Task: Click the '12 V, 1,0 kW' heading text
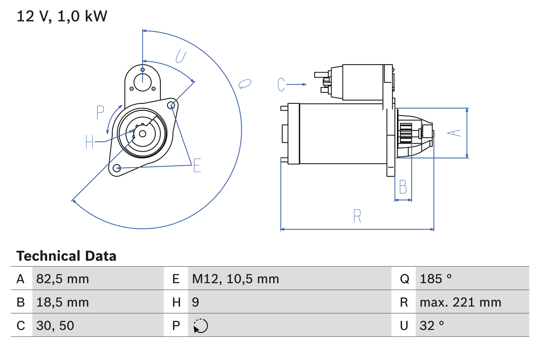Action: point(62,16)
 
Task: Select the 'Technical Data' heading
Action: point(66,256)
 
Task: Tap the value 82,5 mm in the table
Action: point(62,279)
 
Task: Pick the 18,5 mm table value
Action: point(62,302)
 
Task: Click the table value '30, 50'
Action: point(55,325)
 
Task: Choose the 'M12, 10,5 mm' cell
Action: point(235,279)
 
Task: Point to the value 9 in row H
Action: point(196,302)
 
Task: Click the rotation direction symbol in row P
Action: point(200,326)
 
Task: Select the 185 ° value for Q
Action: point(436,279)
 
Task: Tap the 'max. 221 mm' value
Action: point(460,302)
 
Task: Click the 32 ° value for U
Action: point(432,325)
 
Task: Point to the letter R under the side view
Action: point(357,216)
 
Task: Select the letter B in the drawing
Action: point(403,187)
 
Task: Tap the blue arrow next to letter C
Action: point(297,85)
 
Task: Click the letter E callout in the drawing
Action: point(197,166)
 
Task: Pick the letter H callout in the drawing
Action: point(89,142)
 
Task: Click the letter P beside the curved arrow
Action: point(100,113)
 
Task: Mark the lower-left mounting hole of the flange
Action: point(117,168)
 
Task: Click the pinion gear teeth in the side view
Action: point(406,133)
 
